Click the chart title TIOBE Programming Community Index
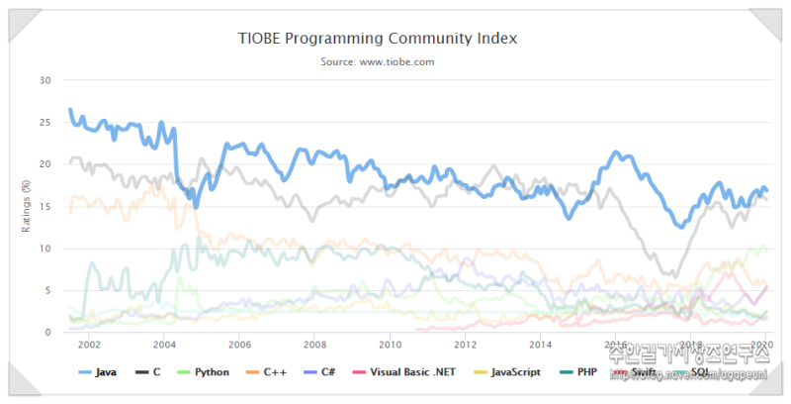click(x=378, y=39)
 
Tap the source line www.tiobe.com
click(x=378, y=61)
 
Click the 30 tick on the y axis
click(x=44, y=80)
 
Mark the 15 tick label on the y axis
click(x=44, y=207)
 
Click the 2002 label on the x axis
click(x=89, y=345)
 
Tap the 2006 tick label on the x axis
click(x=239, y=345)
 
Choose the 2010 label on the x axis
click(x=390, y=345)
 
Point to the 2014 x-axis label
click(x=540, y=345)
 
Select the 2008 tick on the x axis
click(x=314, y=345)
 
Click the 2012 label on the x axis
click(x=465, y=345)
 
